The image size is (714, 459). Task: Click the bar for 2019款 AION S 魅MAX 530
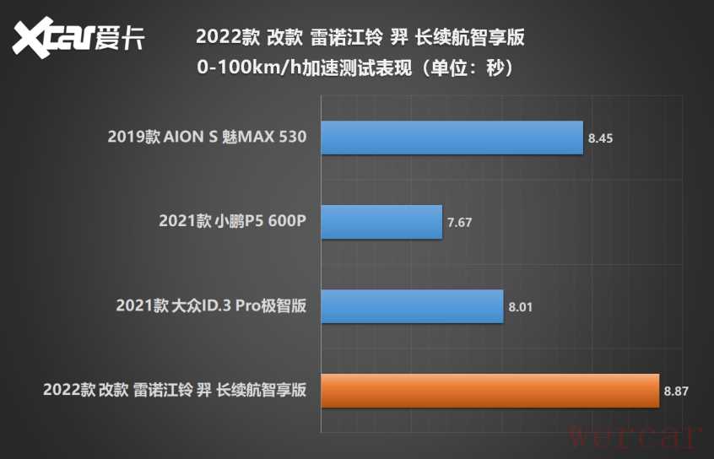(x=452, y=138)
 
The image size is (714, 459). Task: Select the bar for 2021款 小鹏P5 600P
(x=381, y=222)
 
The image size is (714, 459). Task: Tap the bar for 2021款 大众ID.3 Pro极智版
(x=412, y=306)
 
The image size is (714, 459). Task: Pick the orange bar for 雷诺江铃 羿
(x=490, y=391)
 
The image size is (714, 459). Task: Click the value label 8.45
(x=601, y=138)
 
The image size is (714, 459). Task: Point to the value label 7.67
(x=460, y=222)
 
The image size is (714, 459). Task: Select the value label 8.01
(x=521, y=306)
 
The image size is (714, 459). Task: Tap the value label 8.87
(x=677, y=391)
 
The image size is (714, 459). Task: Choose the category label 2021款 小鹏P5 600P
(x=232, y=222)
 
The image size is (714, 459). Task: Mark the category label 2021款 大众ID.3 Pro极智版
(x=211, y=306)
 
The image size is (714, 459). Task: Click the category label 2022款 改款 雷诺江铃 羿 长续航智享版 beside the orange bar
(x=174, y=391)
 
